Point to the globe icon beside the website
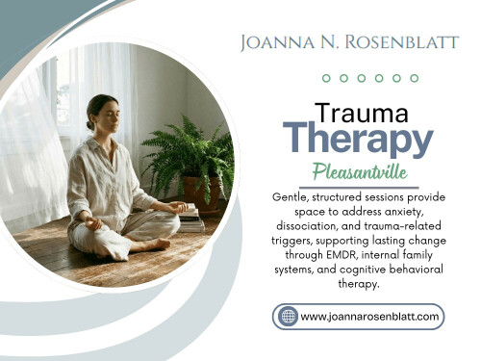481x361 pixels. (x=287, y=315)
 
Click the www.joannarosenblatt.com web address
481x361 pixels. (x=370, y=316)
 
